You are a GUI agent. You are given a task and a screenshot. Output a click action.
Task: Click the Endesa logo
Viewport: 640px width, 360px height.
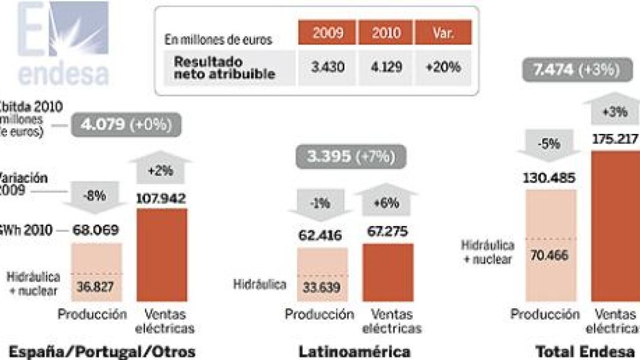[x=62, y=44]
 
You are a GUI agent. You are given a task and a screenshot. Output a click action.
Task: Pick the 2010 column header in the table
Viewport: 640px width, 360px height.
[x=387, y=32]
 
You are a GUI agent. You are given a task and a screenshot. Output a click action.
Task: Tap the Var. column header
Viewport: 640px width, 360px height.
[x=443, y=32]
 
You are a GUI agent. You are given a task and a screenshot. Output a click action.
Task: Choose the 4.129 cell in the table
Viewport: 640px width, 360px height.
[x=387, y=67]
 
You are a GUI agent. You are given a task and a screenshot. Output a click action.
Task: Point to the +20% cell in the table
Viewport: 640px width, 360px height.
[x=443, y=67]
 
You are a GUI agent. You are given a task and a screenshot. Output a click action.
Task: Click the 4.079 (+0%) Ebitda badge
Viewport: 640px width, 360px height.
[x=126, y=125]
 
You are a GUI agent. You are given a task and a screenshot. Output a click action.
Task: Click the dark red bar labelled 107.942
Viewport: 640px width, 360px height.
[x=162, y=255]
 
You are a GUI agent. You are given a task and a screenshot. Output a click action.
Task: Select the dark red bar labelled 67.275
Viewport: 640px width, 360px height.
[x=387, y=272]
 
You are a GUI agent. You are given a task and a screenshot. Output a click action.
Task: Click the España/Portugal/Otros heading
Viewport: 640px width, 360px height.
[x=98, y=352]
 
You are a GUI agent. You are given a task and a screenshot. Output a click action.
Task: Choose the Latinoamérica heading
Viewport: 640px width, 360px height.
[x=355, y=352]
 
